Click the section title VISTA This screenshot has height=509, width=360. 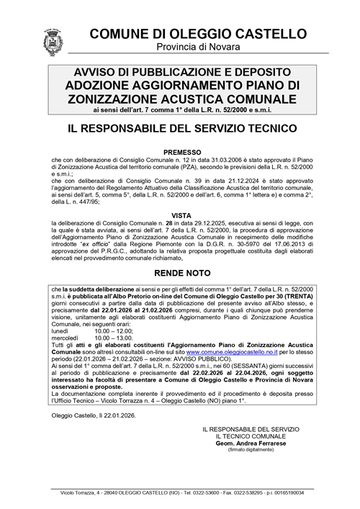179,215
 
